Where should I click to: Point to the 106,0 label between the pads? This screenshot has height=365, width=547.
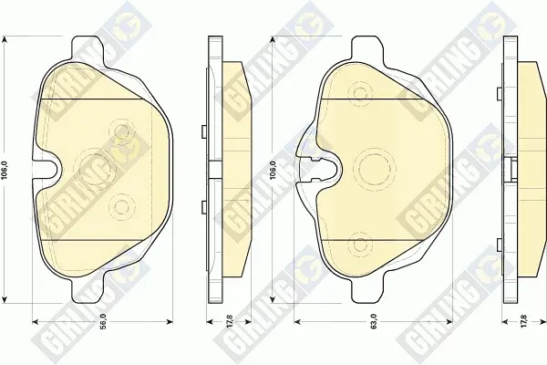[273, 170]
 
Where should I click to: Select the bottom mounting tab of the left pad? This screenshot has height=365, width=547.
[88, 290]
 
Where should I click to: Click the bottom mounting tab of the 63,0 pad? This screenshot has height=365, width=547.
[367, 290]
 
